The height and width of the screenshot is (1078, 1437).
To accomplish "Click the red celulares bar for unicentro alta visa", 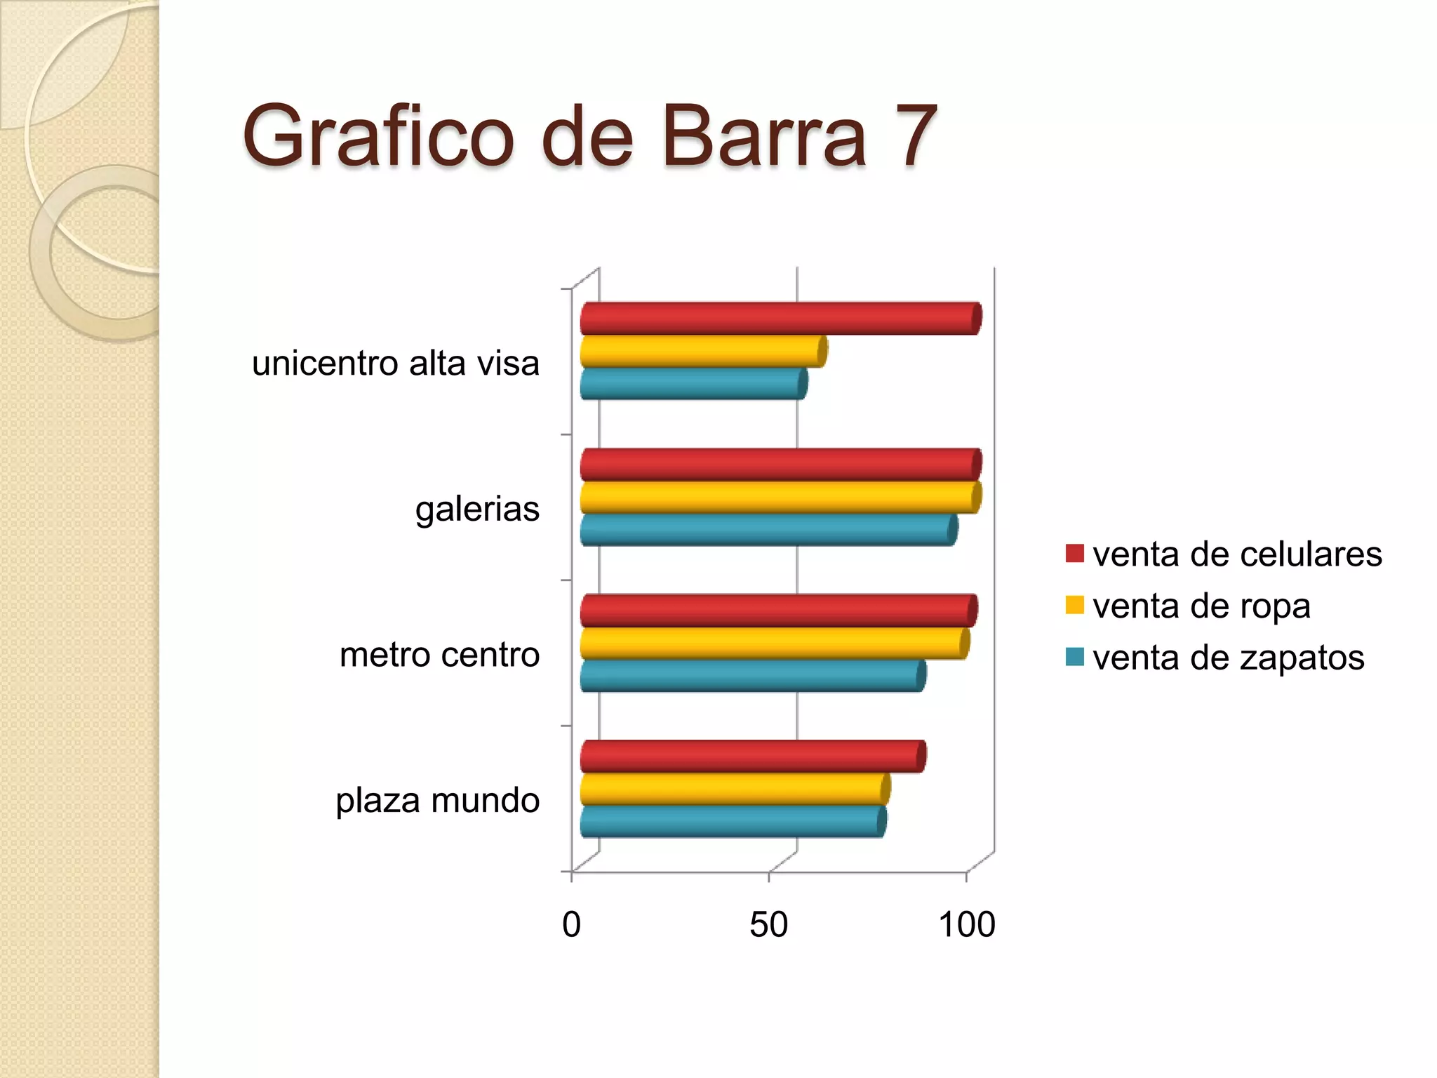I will pyautogui.click(x=779, y=319).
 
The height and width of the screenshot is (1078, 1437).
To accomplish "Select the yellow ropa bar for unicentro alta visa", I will pyautogui.click(x=702, y=351).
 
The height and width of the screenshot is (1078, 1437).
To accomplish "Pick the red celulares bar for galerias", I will pyautogui.click(x=779, y=465).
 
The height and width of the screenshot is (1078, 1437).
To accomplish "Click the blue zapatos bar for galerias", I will pyautogui.click(x=768, y=530).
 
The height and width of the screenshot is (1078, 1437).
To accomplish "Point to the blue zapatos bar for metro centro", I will pyautogui.click(x=751, y=676).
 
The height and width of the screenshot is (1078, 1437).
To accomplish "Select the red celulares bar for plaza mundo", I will pyautogui.click(x=751, y=757).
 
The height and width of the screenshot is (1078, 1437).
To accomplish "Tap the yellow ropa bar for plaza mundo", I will pyautogui.click(x=734, y=789).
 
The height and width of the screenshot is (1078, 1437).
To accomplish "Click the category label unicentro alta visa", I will pyautogui.click(x=396, y=364).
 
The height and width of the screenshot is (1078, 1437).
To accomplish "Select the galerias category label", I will pyautogui.click(x=477, y=509).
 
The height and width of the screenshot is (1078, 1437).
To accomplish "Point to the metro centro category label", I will pyautogui.click(x=439, y=655).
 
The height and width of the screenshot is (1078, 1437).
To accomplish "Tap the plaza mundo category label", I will pyautogui.click(x=437, y=800).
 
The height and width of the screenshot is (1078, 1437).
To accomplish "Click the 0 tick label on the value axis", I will pyautogui.click(x=572, y=924).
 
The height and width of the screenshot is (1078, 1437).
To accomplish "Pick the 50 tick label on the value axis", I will pyautogui.click(x=768, y=924).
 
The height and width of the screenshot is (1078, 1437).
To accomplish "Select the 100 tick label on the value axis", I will pyautogui.click(x=966, y=924).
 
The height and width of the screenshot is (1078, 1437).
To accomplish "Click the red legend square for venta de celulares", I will pyautogui.click(x=1074, y=554).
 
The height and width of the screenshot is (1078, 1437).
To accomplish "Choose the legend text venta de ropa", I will pyautogui.click(x=1201, y=606).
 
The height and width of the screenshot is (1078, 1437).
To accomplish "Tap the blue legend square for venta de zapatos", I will pyautogui.click(x=1074, y=657).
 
